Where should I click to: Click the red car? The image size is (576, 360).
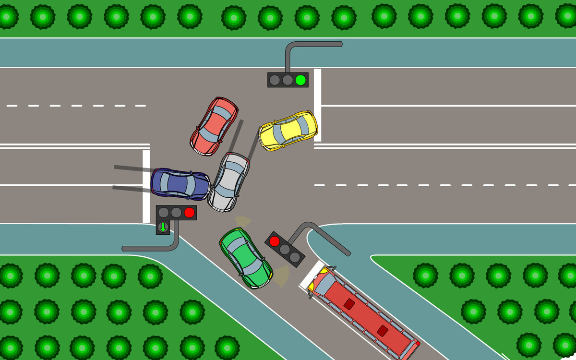(x=214, y=126)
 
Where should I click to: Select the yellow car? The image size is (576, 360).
(x=288, y=130)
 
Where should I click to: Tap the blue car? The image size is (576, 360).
(x=180, y=184)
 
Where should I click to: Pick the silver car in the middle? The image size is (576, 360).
(x=229, y=182)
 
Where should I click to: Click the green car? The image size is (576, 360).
(x=245, y=258)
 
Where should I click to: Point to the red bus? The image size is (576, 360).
(x=363, y=315)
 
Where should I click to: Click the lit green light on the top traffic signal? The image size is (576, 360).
(x=300, y=80)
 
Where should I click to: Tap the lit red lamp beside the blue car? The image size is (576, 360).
(x=189, y=212)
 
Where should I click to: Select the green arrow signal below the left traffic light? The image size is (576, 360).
(x=163, y=227)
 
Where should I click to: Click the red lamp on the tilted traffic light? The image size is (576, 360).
(x=275, y=241)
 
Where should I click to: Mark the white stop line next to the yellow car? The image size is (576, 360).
(x=317, y=105)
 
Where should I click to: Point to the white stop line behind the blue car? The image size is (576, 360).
(x=146, y=186)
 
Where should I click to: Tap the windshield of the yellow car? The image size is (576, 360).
(x=303, y=126)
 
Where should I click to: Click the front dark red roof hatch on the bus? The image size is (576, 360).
(x=349, y=304)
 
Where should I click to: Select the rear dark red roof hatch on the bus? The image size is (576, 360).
(x=382, y=331)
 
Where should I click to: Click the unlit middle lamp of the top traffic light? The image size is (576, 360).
(x=288, y=80)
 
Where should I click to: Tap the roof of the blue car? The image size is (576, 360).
(x=176, y=184)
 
